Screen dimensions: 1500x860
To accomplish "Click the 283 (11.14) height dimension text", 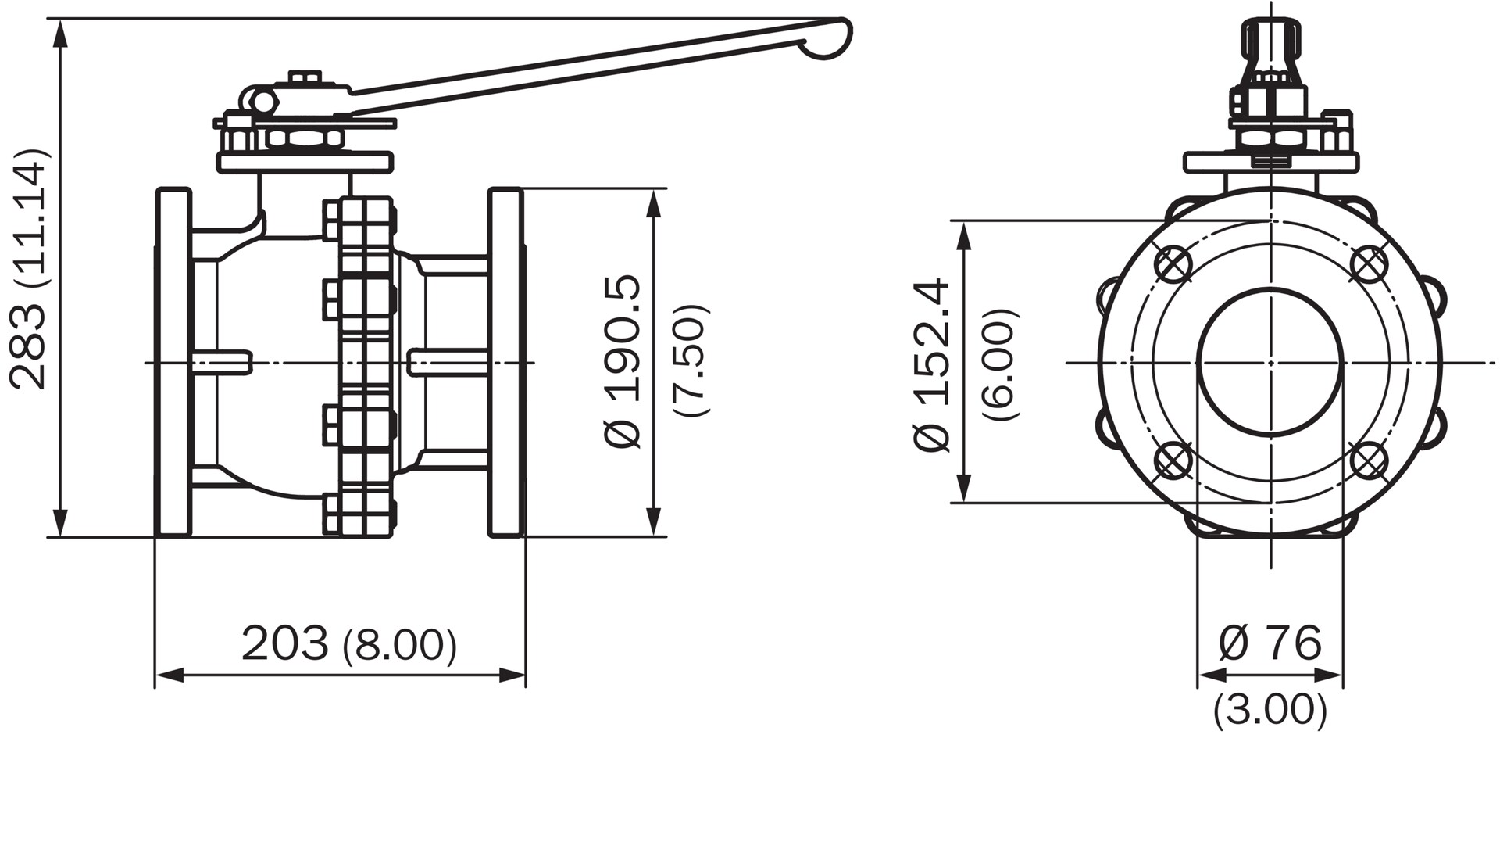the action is pyautogui.click(x=30, y=268).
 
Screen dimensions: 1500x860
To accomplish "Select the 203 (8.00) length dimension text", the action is pyautogui.click(x=349, y=644).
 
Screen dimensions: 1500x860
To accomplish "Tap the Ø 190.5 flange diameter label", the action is pyautogui.click(x=623, y=361).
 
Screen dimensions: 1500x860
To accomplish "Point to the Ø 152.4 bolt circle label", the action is pyautogui.click(x=932, y=364).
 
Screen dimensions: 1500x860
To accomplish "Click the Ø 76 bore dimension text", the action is pyautogui.click(x=1270, y=643).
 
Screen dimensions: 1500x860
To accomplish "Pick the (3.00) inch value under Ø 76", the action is pyautogui.click(x=1270, y=710).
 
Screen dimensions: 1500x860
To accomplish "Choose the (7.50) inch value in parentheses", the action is pyautogui.click(x=691, y=360).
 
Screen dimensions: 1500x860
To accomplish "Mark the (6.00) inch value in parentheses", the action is pyautogui.click(x=1001, y=365).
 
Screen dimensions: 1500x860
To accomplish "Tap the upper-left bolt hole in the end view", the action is pyautogui.click(x=1173, y=264).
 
